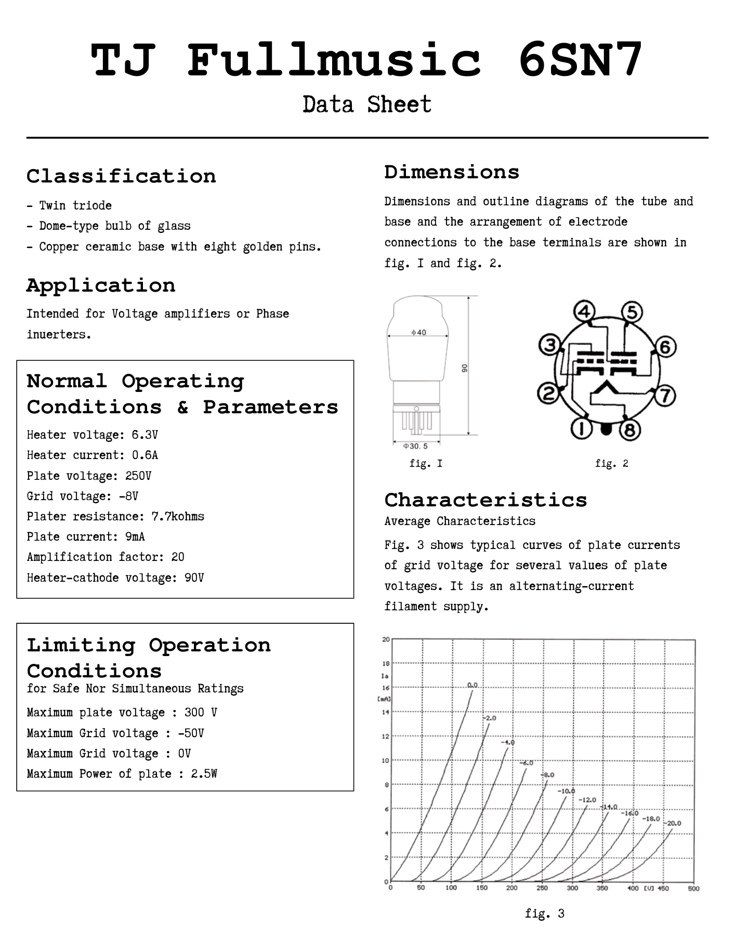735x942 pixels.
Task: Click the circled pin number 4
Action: (585, 312)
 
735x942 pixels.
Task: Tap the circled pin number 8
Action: (629, 430)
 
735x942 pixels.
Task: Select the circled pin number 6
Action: (665, 347)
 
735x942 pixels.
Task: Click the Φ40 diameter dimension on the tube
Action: (418, 333)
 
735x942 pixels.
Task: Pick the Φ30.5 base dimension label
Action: (415, 446)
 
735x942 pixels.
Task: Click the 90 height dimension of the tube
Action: (465, 368)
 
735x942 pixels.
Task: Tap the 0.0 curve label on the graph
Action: (472, 685)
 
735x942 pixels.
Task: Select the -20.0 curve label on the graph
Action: (674, 823)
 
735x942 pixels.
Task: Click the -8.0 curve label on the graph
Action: (547, 775)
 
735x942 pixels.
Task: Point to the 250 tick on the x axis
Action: (542, 888)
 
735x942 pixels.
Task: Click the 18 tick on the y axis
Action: (386, 663)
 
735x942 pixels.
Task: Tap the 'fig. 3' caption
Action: (544, 913)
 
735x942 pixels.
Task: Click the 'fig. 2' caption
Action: (611, 463)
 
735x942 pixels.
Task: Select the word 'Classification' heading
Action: (121, 176)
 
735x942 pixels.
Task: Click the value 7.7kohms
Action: (178, 516)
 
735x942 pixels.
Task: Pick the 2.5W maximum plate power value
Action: (204, 774)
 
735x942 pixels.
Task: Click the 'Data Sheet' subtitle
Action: (367, 104)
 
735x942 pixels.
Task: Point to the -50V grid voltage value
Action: (191, 733)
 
